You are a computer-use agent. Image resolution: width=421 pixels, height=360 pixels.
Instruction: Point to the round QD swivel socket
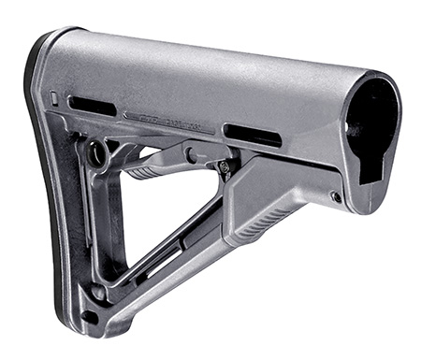tap(95, 152)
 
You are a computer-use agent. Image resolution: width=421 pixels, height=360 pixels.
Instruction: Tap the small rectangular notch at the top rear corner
tap(53, 97)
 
